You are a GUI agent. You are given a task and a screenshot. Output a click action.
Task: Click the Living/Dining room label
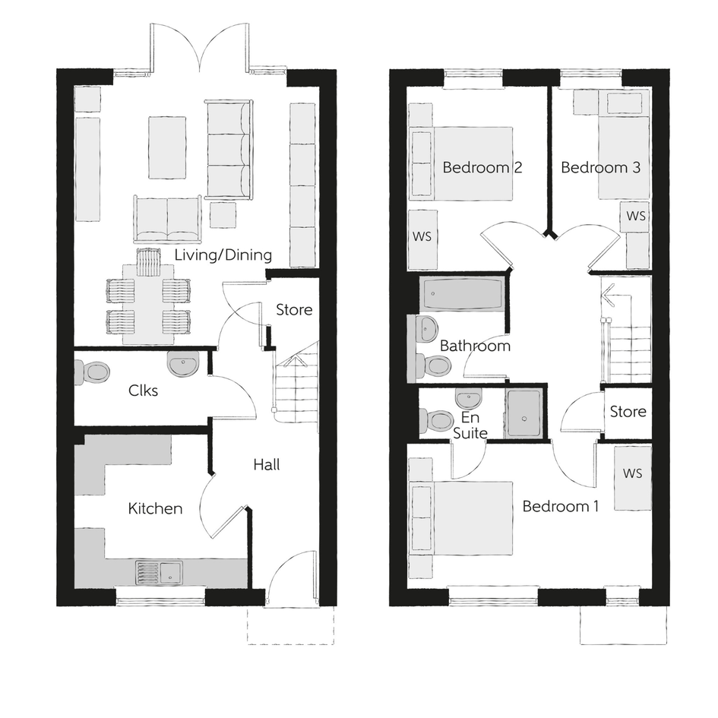tap(223, 255)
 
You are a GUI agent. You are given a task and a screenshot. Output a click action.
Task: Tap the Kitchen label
tap(155, 508)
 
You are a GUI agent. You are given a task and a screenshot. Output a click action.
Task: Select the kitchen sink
tap(159, 572)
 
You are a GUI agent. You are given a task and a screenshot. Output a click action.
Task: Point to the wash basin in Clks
tap(183, 363)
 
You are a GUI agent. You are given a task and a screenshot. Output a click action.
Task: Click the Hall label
tap(267, 465)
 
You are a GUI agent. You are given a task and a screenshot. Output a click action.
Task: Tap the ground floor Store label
tap(294, 310)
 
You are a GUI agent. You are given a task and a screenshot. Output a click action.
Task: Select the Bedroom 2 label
tap(482, 168)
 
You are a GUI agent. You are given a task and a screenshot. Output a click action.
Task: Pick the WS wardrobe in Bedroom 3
tap(636, 216)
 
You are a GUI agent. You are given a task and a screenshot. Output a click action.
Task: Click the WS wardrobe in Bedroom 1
tap(632, 477)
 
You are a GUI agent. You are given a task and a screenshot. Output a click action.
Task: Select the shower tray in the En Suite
tap(523, 413)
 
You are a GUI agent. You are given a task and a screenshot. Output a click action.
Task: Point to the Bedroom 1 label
tap(561, 507)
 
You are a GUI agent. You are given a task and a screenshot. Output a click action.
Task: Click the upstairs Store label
tap(628, 412)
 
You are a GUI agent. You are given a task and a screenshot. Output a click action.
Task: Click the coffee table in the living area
tap(167, 147)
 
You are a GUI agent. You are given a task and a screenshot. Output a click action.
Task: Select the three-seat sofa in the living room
tap(229, 150)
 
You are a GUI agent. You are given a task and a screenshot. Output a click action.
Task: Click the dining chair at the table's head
tap(148, 262)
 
